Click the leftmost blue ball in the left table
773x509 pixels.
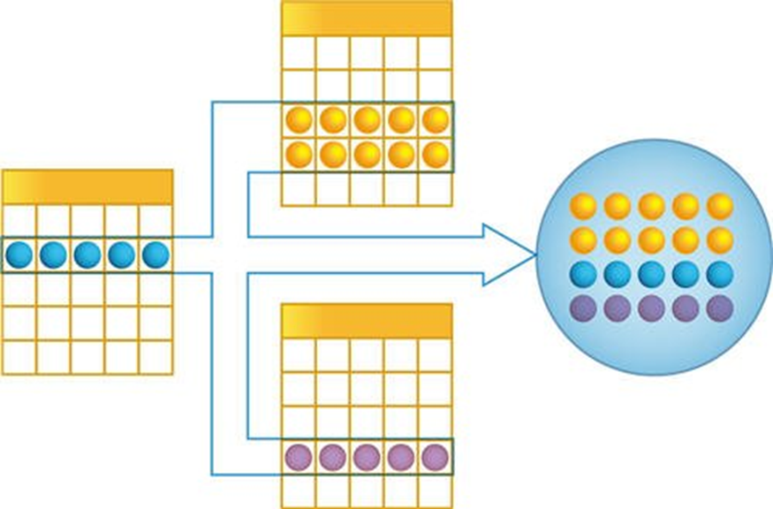(19, 255)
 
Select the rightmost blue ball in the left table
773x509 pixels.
(155, 255)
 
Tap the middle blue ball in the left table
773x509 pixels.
(87, 255)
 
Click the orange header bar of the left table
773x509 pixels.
(87, 187)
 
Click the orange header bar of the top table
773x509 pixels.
(366, 18)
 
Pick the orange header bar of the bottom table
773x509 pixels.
(366, 321)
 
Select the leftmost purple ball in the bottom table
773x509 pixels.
(299, 458)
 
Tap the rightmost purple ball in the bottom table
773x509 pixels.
(435, 458)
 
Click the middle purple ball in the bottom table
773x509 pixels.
(367, 458)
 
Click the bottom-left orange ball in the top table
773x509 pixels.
(299, 155)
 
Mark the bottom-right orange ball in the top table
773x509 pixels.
(435, 155)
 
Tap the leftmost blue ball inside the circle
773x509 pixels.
(583, 274)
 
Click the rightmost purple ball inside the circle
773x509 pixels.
(720, 308)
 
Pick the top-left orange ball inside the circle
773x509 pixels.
(583, 206)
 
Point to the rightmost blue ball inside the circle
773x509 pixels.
(720, 274)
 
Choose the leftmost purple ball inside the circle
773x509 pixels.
(583, 308)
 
